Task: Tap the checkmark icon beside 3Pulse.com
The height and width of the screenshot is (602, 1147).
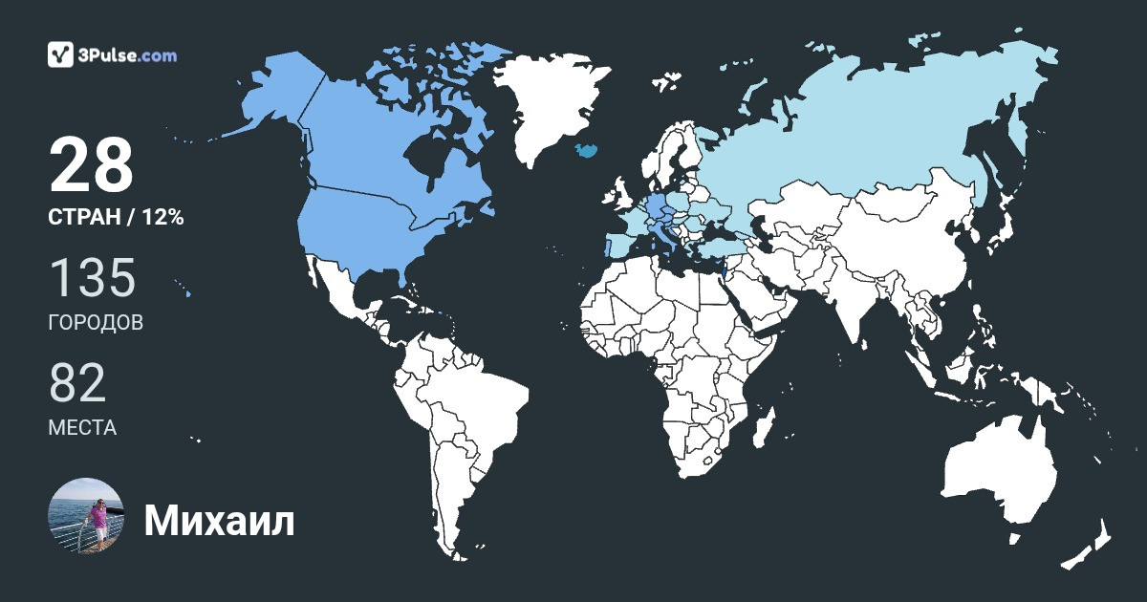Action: coord(61,54)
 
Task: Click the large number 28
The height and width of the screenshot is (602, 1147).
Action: coord(91,166)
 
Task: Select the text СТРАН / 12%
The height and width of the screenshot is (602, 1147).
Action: coord(116,218)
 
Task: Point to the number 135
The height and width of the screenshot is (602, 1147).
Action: coord(92,278)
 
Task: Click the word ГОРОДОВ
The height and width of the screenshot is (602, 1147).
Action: coord(96,323)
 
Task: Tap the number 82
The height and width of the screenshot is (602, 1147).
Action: coord(77,383)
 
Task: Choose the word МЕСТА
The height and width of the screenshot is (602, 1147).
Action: coord(82,428)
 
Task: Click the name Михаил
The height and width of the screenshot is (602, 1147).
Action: coord(219,522)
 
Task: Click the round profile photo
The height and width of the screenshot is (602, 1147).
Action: coord(86,516)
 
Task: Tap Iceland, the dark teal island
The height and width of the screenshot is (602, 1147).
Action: coord(586,150)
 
